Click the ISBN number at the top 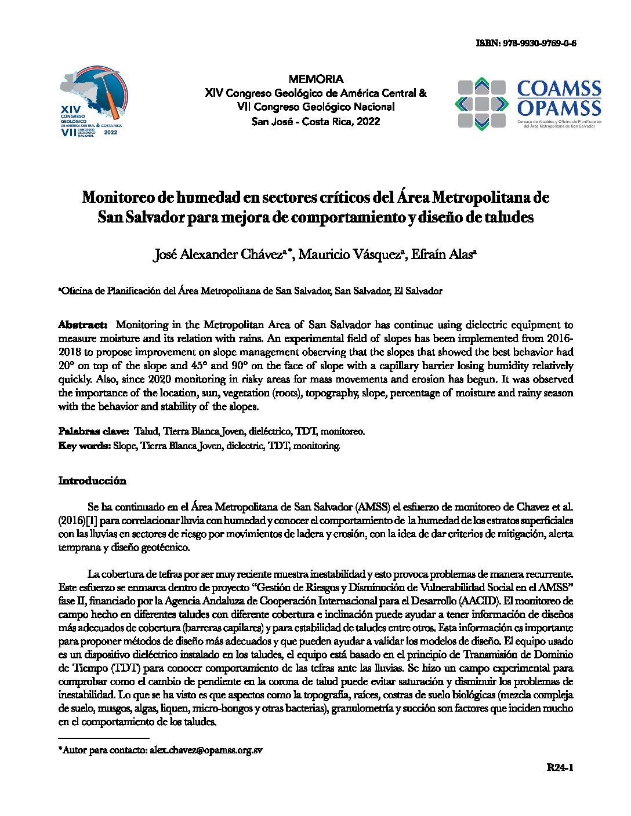(525, 43)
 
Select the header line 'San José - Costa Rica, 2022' (315, 122)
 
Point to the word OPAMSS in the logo (559, 108)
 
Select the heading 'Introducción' (92, 481)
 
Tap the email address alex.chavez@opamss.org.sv (206, 750)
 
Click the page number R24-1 (560, 768)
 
